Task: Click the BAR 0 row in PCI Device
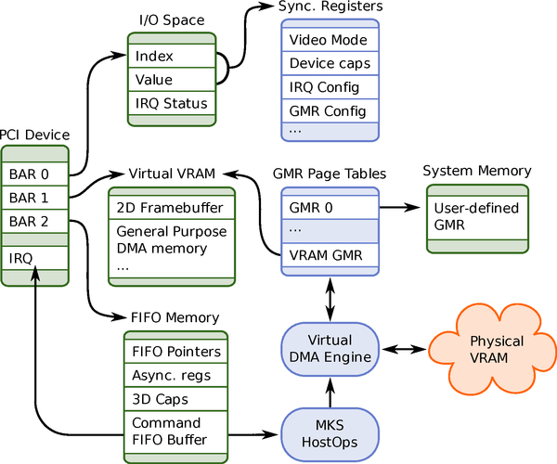(x=35, y=173)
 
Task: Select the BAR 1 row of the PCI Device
(x=35, y=197)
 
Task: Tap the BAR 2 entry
(x=35, y=221)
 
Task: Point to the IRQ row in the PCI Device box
(x=35, y=254)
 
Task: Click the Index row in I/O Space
(x=172, y=56)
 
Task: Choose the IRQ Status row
(x=172, y=103)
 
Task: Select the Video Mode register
(x=330, y=40)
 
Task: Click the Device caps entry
(x=330, y=64)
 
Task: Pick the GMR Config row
(x=330, y=111)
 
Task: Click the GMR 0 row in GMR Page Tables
(x=330, y=206)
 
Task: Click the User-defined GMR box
(x=476, y=216)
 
